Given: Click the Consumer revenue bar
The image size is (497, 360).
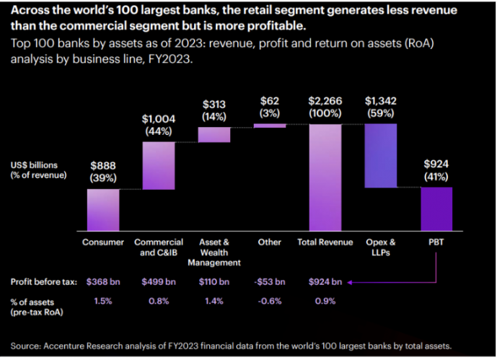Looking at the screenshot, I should pos(104,210).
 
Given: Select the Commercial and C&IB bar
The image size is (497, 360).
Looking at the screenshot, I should pos(159,165).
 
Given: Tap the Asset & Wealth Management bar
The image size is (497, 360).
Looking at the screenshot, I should pos(214,134).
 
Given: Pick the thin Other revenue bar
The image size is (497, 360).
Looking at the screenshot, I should pos(270,126).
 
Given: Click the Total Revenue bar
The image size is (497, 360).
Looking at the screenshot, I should pos(325,177).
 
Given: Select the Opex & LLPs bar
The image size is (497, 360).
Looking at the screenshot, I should pos(381,155).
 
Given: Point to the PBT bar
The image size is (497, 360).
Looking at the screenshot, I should pos(436,209).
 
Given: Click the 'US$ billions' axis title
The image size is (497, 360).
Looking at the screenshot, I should pos(32,165).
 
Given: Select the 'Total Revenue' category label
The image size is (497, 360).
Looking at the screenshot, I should pos(325,242).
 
